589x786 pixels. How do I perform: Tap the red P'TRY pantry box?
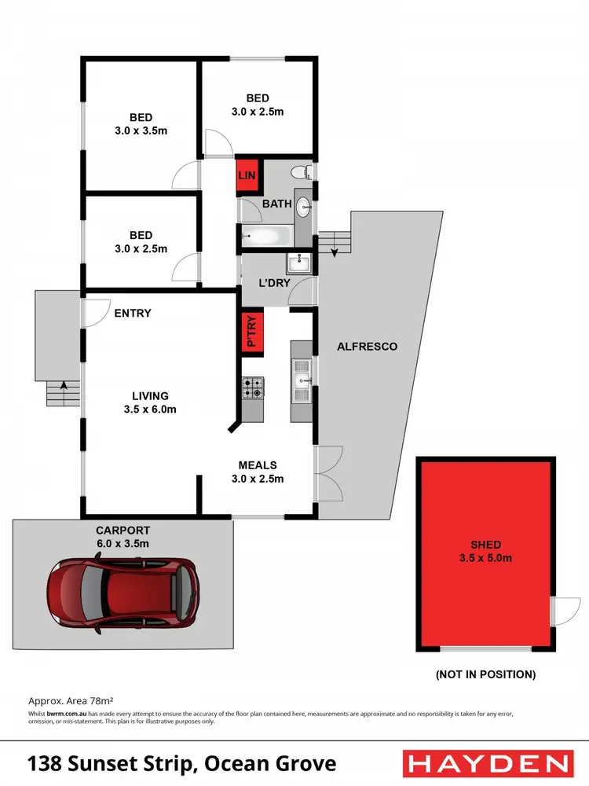pos(252,331)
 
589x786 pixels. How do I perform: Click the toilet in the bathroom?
pos(298,172)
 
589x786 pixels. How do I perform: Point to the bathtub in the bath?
pos(265,234)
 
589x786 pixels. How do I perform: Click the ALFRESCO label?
pos(367,346)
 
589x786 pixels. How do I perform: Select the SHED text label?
pos(487,545)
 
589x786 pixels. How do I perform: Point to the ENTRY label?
pos(133,313)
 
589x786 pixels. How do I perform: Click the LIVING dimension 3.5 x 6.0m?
pos(149,409)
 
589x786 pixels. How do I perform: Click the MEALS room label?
pos(258,465)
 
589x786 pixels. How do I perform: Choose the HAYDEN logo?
pos(487,762)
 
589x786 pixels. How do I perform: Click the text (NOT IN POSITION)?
pos(485,674)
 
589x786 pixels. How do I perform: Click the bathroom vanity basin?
pos(303,207)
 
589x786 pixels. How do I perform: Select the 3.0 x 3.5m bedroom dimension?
pos(141,130)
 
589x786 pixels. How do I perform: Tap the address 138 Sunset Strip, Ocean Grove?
pos(182,763)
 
